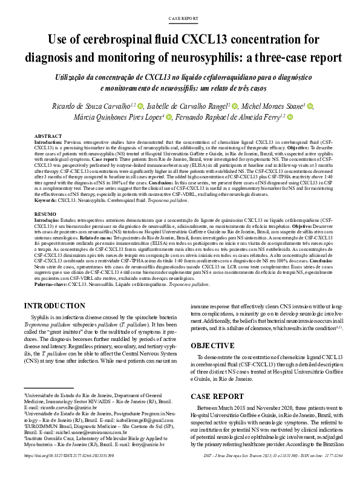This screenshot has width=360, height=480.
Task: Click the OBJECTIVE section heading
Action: pos(214,346)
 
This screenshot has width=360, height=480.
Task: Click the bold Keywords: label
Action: pos(46,200)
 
